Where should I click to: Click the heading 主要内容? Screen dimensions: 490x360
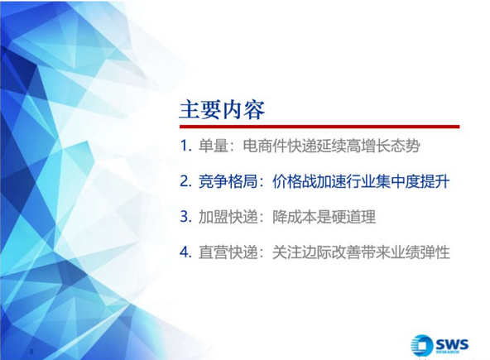222,110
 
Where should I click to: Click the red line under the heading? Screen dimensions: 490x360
319,127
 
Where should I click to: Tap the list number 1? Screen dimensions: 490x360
185,146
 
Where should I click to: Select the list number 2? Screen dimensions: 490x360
185,181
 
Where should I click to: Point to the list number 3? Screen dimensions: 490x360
185,217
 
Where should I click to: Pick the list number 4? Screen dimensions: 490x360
185,252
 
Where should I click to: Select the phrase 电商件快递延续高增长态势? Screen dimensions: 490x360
331,146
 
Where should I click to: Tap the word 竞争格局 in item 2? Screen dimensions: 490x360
228,181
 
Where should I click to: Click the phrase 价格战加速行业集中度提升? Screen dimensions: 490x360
361,181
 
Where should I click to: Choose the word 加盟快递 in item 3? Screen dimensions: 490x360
228,217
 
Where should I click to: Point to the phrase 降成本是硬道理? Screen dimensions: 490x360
324,217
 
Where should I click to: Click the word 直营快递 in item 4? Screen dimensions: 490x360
228,252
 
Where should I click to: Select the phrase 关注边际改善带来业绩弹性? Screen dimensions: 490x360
361,252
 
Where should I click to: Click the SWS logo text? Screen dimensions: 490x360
452,344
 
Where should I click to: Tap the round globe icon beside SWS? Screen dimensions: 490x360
422,345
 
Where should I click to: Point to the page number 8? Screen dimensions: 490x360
31,351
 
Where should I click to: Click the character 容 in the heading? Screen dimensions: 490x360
254,110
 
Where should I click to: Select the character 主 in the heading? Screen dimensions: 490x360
190,110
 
